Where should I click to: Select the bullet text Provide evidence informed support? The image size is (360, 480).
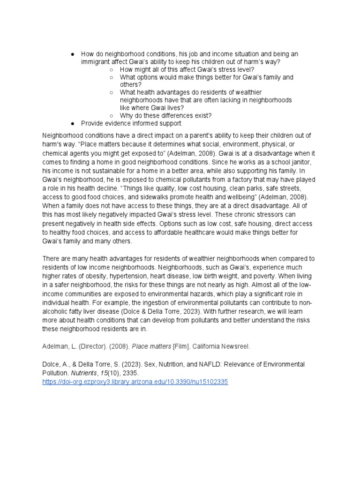[131, 123]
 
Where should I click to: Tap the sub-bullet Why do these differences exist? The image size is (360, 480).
[165, 115]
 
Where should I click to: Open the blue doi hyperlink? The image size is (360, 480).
[135, 382]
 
